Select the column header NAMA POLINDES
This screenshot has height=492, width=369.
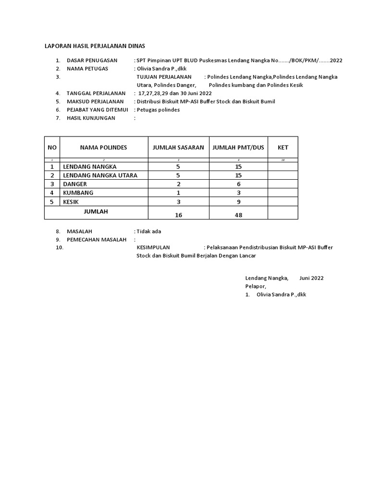coord(103,148)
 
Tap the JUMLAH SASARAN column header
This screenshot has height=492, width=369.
coord(178,148)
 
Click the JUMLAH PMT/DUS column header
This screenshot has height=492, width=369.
coord(238,148)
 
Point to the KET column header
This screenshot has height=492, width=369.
coord(283,148)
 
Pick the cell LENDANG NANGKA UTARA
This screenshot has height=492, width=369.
coord(100,175)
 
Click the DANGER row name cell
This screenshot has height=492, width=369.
coord(75,184)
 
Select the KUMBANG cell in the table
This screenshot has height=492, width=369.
coord(78,193)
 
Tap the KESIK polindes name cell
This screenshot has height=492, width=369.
coord(72,202)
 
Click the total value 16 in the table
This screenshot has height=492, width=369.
coord(178,215)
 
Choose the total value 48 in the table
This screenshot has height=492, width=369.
coord(238,215)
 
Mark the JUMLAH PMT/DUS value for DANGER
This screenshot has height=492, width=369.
coord(238,184)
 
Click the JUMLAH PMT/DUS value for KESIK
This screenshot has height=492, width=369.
coord(238,202)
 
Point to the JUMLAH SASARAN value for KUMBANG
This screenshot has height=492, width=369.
coord(178,193)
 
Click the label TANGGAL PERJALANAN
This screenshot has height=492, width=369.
coord(96,93)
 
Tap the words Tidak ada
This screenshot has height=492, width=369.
coord(149,231)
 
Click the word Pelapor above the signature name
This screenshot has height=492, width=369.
coord(256,286)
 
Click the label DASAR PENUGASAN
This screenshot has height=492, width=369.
coord(92,61)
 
